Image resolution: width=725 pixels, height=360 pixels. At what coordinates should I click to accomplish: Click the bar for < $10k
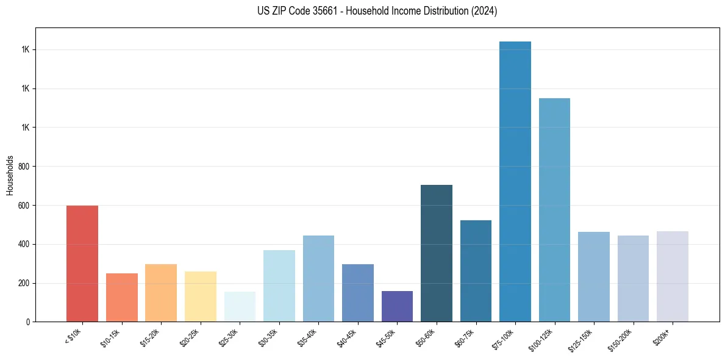pyautogui.click(x=82, y=264)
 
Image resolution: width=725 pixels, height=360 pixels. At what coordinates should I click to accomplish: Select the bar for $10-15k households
pyautogui.click(x=122, y=297)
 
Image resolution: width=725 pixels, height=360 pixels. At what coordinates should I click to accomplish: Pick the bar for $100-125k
pyautogui.click(x=554, y=210)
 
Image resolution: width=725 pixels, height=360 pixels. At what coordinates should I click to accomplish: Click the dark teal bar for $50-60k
pyautogui.click(x=437, y=253)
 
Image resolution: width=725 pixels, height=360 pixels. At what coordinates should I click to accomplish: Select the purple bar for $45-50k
pyautogui.click(x=397, y=306)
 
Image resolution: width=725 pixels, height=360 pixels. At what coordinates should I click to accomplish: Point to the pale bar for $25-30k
pyautogui.click(x=240, y=306)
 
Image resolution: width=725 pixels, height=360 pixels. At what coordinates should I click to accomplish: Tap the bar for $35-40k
pyautogui.click(x=318, y=278)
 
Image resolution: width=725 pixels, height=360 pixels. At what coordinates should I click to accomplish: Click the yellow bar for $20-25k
pyautogui.click(x=201, y=297)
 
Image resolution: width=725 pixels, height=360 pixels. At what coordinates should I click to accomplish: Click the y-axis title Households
pyautogui.click(x=10, y=175)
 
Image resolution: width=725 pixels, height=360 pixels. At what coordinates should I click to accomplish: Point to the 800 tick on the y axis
pyautogui.click(x=25, y=167)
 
